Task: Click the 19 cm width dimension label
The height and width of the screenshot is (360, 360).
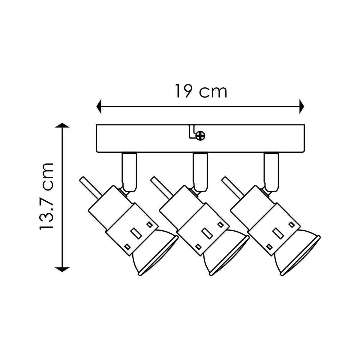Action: pos(201,91)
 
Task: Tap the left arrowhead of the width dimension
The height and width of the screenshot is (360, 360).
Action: pos(99,106)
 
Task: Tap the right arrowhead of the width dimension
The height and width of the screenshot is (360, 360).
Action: pos(302,106)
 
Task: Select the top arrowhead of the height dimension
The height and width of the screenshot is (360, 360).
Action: pos(62,125)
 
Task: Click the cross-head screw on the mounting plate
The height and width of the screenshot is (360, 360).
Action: pos(200,136)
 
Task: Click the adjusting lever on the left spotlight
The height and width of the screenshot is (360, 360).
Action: pos(91,187)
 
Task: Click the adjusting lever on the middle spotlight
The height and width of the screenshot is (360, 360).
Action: pos(162,187)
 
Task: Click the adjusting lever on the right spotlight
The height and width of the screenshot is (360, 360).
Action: pos(232,187)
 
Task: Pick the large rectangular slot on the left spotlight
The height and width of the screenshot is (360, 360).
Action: pos(136,233)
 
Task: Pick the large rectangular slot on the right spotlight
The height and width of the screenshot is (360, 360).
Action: pos(278,233)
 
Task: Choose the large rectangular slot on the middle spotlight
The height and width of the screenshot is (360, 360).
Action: pos(207,233)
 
